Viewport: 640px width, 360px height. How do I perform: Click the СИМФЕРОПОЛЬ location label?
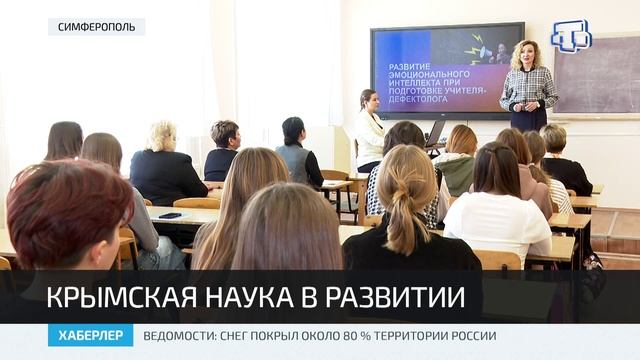click(96, 27)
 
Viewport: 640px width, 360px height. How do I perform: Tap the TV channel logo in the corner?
click(570, 36)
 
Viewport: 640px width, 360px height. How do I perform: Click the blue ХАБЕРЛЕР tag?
click(90, 336)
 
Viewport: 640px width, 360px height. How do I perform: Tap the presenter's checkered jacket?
click(528, 90)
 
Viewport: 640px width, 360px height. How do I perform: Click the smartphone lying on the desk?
click(170, 215)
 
